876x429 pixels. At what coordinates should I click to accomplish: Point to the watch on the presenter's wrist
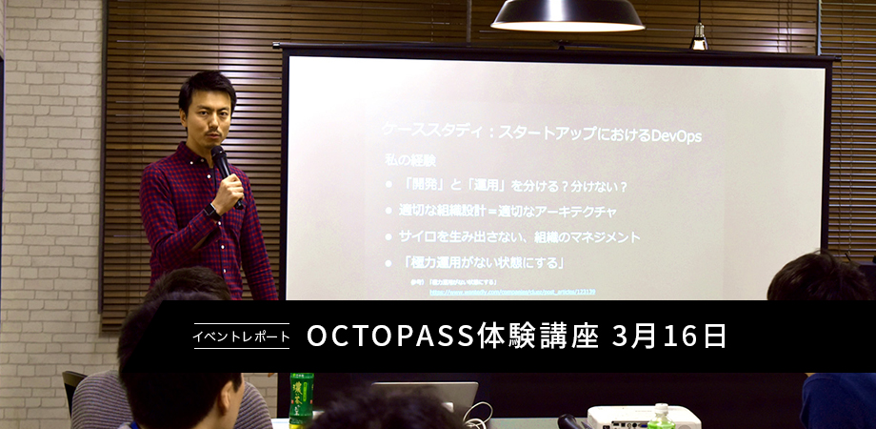(213, 213)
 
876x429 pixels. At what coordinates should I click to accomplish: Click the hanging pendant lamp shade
(567, 14)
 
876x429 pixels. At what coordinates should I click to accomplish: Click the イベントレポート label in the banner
(242, 337)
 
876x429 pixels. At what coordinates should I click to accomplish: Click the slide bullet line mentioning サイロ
(519, 235)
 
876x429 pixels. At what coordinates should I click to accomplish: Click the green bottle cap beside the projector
(660, 409)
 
